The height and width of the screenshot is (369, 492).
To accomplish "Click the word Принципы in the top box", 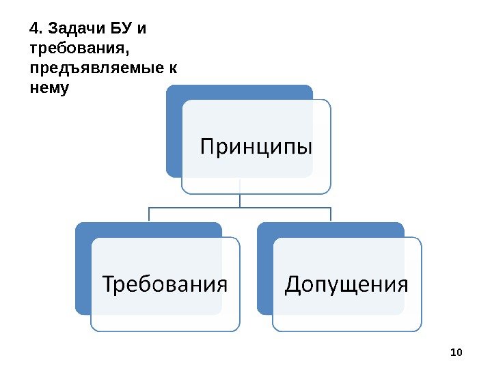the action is pos(256,147).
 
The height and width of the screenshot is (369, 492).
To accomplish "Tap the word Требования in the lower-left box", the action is pos(165,284).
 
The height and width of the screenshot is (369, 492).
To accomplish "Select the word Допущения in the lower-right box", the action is pos(346,284).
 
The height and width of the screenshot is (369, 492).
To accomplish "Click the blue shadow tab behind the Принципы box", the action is pos(174,130).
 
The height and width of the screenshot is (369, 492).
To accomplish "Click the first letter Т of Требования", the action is pos(109,283).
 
